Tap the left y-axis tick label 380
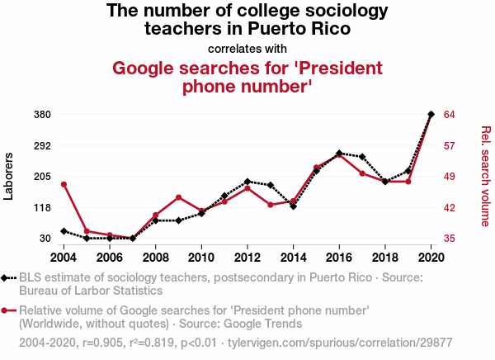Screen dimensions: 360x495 (x=42, y=114)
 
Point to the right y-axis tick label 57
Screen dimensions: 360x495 (x=450, y=145)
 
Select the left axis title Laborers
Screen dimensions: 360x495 (x=9, y=176)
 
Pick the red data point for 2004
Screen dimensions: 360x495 (x=64, y=184)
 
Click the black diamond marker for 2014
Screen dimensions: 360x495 (x=294, y=206)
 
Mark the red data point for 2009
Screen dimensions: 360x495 (x=178, y=197)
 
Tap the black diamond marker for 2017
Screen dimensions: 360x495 (x=362, y=157)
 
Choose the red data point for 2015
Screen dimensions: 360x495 (x=317, y=168)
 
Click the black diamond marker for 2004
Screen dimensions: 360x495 (x=64, y=231)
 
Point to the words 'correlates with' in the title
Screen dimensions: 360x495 (x=247, y=47)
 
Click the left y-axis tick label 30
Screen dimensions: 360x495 (x=45, y=239)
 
